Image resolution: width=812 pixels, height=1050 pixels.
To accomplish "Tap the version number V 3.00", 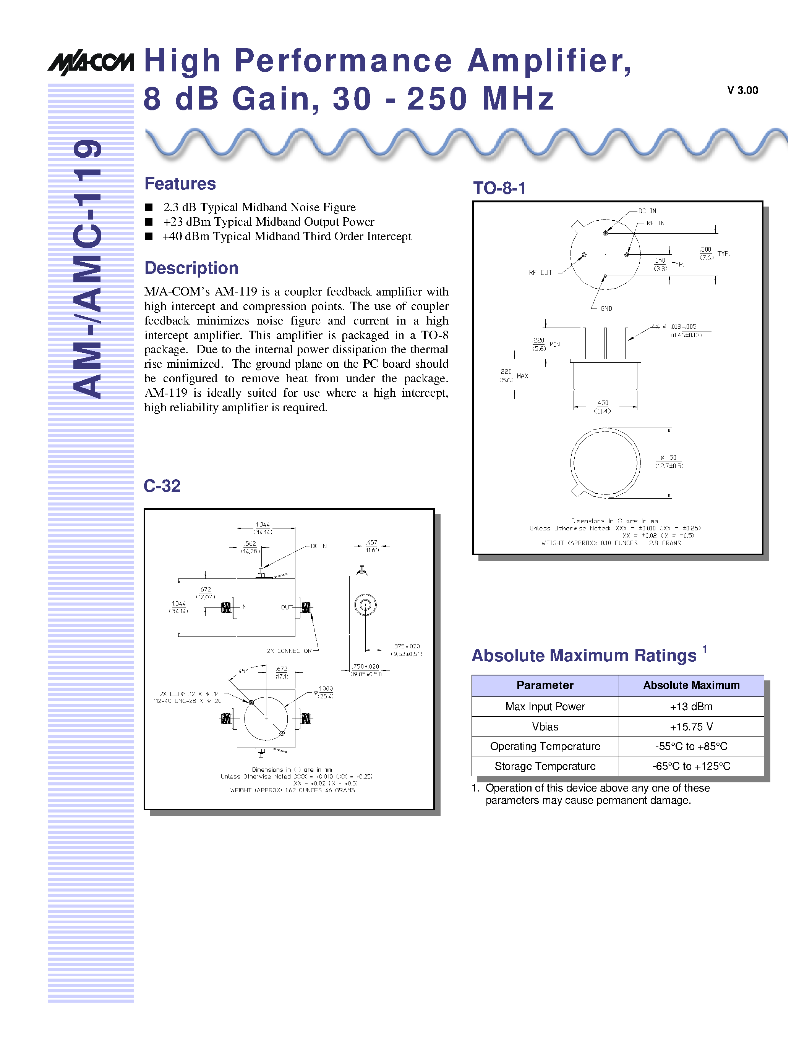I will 742,90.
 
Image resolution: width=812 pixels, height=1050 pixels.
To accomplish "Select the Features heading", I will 180,184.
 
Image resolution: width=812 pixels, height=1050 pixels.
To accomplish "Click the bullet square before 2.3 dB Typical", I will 149,207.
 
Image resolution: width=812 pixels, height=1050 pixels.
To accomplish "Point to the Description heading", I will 191,268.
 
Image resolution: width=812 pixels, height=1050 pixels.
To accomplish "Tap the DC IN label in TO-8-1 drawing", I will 647,211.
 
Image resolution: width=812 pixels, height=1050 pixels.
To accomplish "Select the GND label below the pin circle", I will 606,309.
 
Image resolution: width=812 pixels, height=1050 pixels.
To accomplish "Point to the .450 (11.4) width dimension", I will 602,407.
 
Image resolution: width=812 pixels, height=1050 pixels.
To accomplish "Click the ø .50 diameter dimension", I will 669,462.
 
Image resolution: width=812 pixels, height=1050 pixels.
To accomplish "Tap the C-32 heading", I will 162,486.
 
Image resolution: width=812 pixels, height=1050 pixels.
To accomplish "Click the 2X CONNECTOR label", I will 289,651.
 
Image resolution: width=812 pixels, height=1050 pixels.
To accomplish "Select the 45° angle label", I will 243,671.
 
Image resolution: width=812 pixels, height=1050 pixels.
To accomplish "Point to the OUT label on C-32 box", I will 287,607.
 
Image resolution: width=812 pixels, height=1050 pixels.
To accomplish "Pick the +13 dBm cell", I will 691,707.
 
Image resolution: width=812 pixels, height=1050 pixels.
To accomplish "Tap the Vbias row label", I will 545,727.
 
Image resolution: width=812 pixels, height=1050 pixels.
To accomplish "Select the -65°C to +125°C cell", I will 691,766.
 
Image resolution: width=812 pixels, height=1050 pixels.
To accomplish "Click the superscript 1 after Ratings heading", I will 704,649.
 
